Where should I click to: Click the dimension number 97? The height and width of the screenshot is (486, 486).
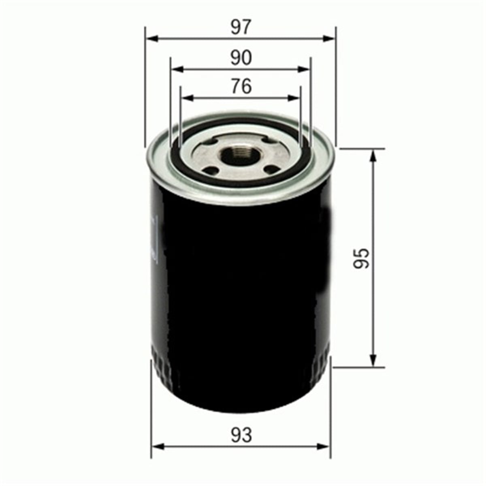point(241,28)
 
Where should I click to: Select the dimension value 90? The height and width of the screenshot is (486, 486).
point(241,58)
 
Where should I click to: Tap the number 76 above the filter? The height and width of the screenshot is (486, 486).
point(241,86)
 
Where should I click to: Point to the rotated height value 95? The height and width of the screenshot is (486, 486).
point(361,258)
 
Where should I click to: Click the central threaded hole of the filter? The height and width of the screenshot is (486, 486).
point(240,155)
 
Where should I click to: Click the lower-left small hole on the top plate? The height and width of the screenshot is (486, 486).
point(210,171)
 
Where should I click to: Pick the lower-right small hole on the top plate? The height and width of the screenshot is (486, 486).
point(273,169)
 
